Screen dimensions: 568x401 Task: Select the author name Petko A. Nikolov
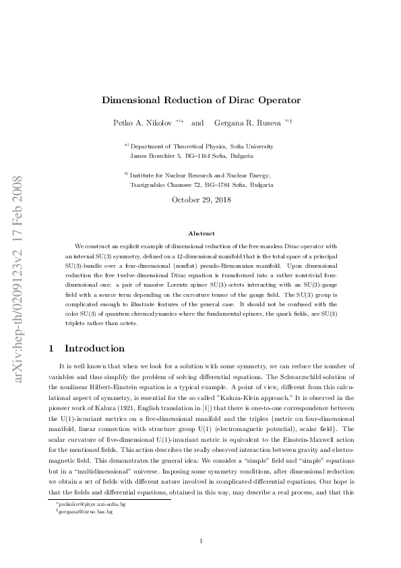143,123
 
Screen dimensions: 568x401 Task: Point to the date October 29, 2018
200,200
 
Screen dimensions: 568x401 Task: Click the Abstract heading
201,233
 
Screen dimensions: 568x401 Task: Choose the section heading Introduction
94,349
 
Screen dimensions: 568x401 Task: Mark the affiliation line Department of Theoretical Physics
202,146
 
